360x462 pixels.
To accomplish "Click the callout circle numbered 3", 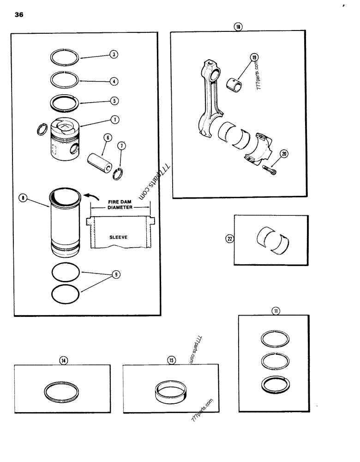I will click(114, 54).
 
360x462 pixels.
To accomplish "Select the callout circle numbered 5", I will click(114, 100).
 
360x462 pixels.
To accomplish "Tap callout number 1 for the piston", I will click(114, 120).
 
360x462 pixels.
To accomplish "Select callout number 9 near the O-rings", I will click(116, 274).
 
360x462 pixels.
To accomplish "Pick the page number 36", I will click(19, 15).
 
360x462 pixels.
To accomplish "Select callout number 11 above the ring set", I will click(276, 311).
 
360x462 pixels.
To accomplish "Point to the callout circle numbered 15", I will click(171, 360).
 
